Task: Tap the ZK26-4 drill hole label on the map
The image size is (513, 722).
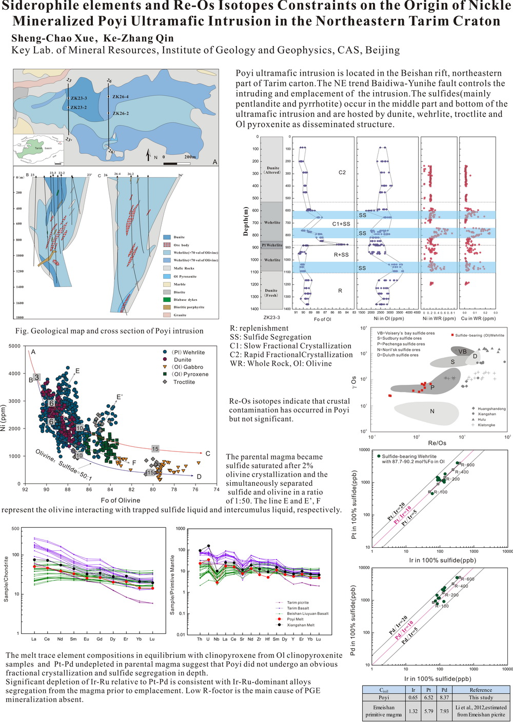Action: pyautogui.click(x=121, y=97)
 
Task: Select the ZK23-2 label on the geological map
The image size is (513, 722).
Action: pyautogui.click(x=79, y=108)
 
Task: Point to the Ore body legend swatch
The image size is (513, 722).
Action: pyautogui.click(x=167, y=245)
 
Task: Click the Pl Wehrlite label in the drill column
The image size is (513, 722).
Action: pyautogui.click(x=272, y=245)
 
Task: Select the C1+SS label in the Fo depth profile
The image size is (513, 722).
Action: pyautogui.click(x=341, y=224)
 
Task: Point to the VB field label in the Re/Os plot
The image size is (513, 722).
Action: pyautogui.click(x=462, y=352)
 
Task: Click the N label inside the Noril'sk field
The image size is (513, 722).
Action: pyautogui.click(x=432, y=411)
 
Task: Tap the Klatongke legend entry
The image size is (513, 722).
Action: pyautogui.click(x=485, y=425)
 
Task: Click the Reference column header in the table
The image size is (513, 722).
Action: pyautogui.click(x=481, y=690)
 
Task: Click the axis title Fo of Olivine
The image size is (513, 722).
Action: pyautogui.click(x=121, y=500)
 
